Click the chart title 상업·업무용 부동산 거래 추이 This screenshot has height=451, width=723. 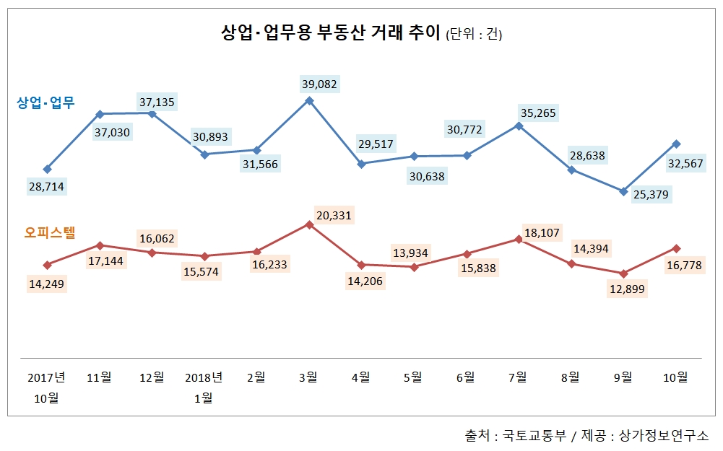click(x=329, y=33)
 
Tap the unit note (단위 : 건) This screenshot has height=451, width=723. click(x=474, y=35)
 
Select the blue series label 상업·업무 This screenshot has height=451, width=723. click(x=46, y=102)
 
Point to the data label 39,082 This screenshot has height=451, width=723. click(x=319, y=84)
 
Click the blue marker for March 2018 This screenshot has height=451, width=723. click(x=309, y=100)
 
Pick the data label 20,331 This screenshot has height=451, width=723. click(x=334, y=215)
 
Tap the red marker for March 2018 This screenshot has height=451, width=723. click(x=309, y=224)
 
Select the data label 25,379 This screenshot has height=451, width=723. click(x=650, y=194)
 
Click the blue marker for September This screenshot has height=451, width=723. click(x=623, y=191)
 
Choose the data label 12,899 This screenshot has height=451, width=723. click(x=627, y=289)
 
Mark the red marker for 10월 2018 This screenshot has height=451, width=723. click(x=675, y=248)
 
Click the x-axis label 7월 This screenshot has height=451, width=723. click(x=518, y=377)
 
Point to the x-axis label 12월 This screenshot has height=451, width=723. click(x=151, y=377)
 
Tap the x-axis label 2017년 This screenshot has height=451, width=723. click(x=47, y=377)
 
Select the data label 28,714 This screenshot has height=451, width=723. click(x=46, y=187)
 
